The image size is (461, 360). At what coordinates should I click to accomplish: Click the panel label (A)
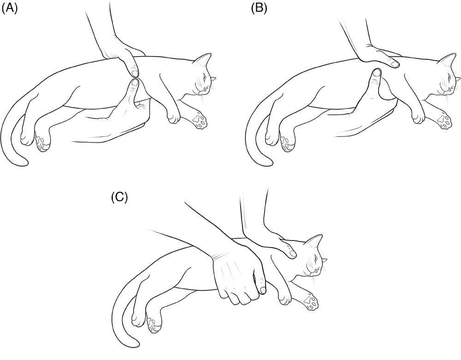[x=10, y=9]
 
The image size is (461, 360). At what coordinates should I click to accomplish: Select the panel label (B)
[x=260, y=9]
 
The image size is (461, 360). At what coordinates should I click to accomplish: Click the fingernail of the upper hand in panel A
[x=134, y=73]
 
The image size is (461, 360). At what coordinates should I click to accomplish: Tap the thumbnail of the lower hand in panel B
[x=376, y=72]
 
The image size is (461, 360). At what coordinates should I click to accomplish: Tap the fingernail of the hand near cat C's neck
[x=291, y=253]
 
